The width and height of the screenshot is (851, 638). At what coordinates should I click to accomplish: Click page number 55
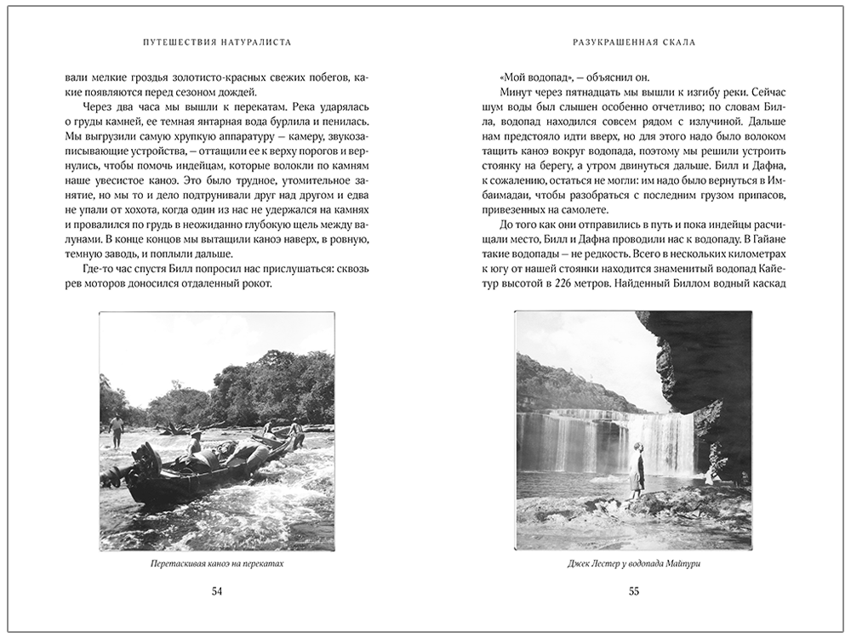tap(633, 592)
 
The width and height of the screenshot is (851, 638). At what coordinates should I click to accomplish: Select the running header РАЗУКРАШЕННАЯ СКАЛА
tap(633, 41)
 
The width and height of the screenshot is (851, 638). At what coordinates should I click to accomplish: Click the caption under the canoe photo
tap(216, 564)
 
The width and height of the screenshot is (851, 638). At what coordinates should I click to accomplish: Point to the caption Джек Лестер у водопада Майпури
tap(633, 564)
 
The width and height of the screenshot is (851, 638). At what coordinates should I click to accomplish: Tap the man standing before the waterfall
tap(636, 470)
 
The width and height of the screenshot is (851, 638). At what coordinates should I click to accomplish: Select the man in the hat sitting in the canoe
tap(196, 446)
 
